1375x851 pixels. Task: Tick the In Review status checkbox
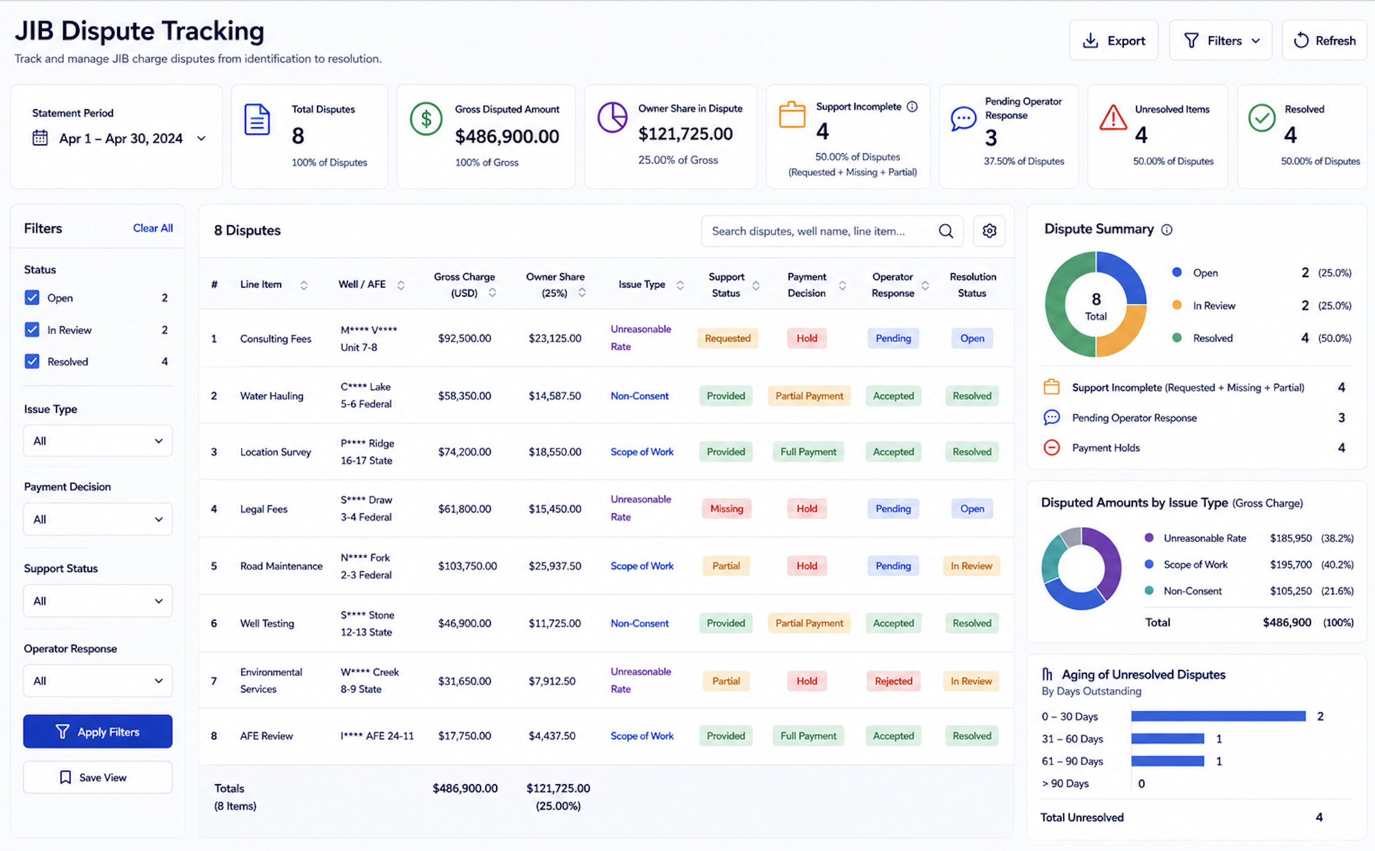[32, 330]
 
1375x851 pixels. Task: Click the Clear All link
[152, 228]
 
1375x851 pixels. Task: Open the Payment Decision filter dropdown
[98, 519]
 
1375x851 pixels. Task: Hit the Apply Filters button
[98, 732]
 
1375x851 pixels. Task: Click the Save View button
[98, 777]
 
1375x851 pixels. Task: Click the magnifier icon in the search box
[946, 231]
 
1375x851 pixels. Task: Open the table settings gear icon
[989, 231]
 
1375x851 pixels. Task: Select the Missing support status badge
[726, 509]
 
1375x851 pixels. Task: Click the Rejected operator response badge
[893, 681]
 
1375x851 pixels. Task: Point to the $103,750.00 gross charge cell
[467, 566]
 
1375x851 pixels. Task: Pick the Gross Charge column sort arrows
[492, 292]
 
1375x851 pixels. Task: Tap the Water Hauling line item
[271, 396]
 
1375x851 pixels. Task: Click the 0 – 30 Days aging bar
[1218, 716]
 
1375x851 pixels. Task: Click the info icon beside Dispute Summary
[1167, 229]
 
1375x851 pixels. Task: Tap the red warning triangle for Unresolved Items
[1113, 118]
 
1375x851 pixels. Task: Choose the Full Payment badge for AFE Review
[808, 736]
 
